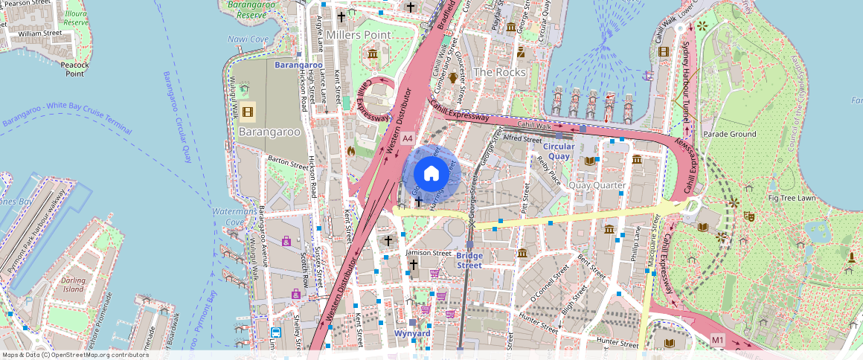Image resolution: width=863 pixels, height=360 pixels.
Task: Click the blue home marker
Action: pyautogui.click(x=431, y=174)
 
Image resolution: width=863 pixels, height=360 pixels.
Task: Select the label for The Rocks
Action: pyautogui.click(x=499, y=72)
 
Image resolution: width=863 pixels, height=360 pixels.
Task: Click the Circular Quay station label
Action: pyautogui.click(x=554, y=151)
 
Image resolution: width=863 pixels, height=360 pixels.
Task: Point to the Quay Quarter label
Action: pyautogui.click(x=596, y=184)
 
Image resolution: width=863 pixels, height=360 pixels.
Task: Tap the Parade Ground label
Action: pyautogui.click(x=729, y=134)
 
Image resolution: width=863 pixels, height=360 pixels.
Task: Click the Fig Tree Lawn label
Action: pyautogui.click(x=792, y=198)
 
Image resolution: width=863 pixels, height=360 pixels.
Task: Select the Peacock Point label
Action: pyautogui.click(x=74, y=69)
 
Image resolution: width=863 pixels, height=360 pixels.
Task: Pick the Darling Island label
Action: pyautogui.click(x=74, y=284)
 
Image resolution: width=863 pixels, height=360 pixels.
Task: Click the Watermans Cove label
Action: pyautogui.click(x=235, y=217)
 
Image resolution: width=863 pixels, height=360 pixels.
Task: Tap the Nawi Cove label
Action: pyautogui.click(x=248, y=39)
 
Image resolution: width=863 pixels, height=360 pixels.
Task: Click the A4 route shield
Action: pyautogui.click(x=407, y=138)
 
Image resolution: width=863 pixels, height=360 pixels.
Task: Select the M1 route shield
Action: pyautogui.click(x=717, y=340)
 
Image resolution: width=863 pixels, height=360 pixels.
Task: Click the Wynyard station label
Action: pyautogui.click(x=412, y=333)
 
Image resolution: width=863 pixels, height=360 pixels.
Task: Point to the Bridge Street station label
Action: pyautogui.click(x=469, y=260)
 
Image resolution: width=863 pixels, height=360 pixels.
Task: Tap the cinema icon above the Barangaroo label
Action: pyautogui.click(x=248, y=112)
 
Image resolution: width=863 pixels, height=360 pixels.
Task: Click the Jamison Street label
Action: pyautogui.click(x=429, y=253)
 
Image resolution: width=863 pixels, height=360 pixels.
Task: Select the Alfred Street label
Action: pyautogui.click(x=522, y=138)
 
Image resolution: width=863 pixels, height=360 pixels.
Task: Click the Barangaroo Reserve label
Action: pyautogui.click(x=247, y=10)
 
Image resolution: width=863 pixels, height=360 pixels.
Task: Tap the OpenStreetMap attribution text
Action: pyautogui.click(x=74, y=355)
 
